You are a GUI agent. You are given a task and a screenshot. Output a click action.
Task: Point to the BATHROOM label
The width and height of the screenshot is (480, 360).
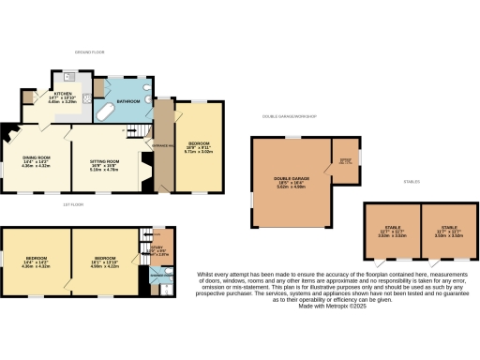(x=127, y=101)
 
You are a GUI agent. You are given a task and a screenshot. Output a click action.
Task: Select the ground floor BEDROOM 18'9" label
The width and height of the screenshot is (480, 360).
(x=198, y=145)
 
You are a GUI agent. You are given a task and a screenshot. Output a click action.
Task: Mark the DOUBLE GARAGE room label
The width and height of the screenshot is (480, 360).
(x=292, y=180)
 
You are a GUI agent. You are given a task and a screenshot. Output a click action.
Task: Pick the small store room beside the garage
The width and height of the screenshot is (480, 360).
(x=344, y=159)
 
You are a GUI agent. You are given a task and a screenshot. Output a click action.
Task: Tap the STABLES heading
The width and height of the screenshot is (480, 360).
(x=410, y=181)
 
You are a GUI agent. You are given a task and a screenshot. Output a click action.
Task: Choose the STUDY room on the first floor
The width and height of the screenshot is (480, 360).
(x=157, y=249)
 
